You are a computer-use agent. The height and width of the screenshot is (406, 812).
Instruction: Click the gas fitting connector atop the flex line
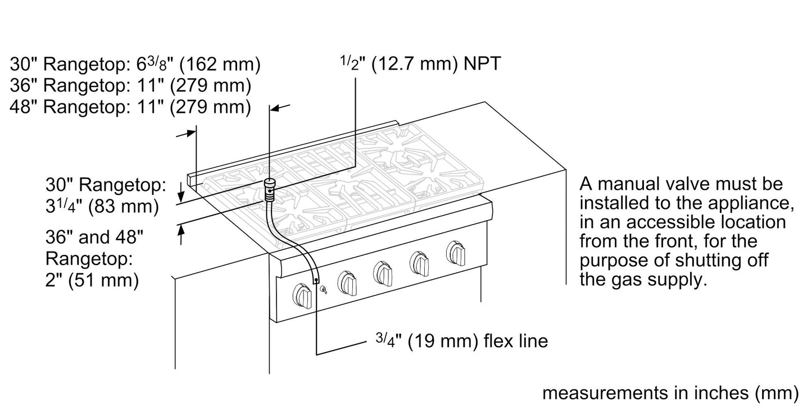[x=270, y=189]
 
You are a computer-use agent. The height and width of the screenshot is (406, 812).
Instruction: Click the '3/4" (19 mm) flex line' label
[x=460, y=340]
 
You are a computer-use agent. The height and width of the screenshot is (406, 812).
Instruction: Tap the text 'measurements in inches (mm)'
[x=670, y=393]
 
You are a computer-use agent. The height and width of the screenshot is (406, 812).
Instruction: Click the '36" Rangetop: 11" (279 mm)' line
[x=130, y=85]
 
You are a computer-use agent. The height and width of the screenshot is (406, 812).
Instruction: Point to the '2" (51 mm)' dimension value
[x=92, y=279]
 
